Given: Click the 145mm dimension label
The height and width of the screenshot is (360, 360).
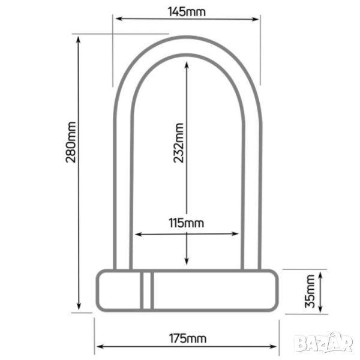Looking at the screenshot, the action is click(187, 12).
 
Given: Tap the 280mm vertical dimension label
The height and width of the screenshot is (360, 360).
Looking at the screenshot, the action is click(71, 142).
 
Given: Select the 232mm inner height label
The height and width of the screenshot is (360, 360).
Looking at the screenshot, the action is click(179, 143).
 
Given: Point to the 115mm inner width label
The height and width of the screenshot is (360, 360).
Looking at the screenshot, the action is click(186, 223).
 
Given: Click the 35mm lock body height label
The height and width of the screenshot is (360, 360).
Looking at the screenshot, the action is click(310, 291).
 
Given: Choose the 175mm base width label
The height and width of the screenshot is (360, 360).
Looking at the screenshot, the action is click(188, 338).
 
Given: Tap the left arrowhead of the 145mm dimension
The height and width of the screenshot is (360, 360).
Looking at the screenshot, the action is click(118, 19).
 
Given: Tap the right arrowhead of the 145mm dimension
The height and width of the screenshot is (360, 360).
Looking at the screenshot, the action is click(256, 19).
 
